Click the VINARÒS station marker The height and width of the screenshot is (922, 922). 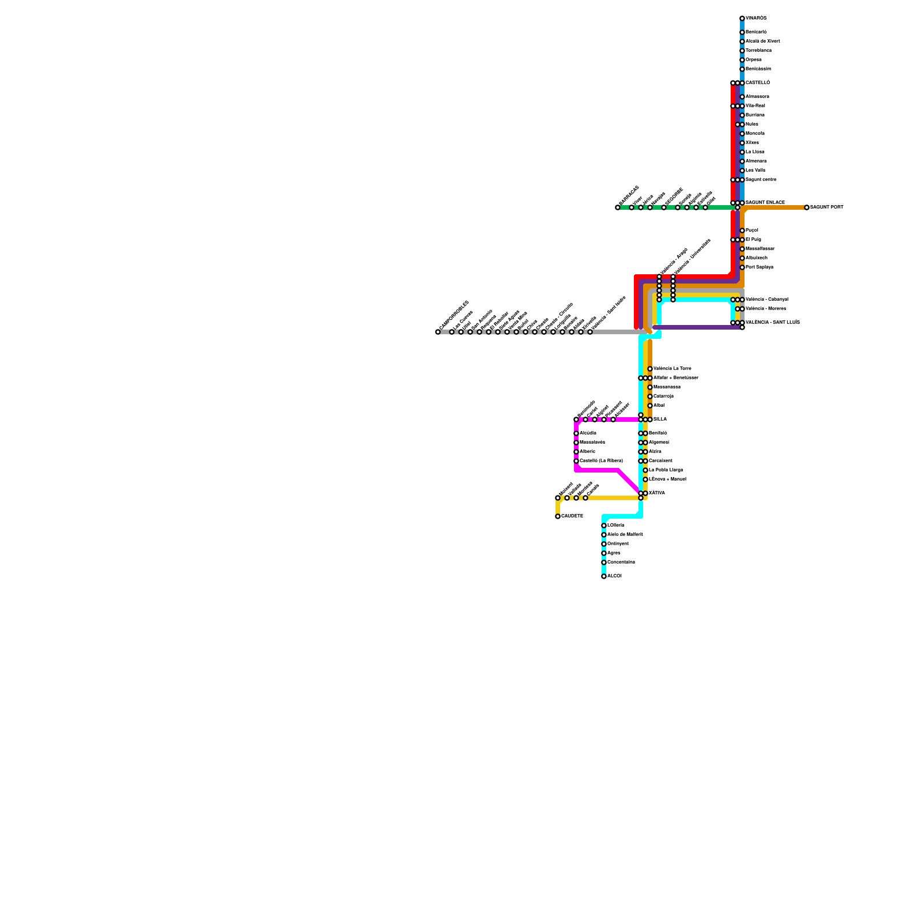(x=742, y=18)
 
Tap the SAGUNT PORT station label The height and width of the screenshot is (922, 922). (x=826, y=207)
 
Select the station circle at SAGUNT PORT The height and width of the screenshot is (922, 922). (x=807, y=207)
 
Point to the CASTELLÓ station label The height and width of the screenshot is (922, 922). (x=757, y=83)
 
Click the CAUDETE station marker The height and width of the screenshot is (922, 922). (x=558, y=516)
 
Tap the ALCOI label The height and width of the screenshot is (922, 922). (x=614, y=576)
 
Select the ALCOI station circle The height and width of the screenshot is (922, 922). (x=604, y=576)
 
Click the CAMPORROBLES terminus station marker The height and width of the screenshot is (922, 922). (x=438, y=332)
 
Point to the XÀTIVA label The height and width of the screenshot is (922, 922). (x=656, y=493)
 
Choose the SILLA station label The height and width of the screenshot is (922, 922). (x=660, y=420)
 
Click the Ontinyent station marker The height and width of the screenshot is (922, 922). (x=604, y=544)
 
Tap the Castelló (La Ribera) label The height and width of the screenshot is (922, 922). (x=601, y=461)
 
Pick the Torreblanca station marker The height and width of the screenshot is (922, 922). (x=742, y=51)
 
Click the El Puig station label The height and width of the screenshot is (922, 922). (x=753, y=240)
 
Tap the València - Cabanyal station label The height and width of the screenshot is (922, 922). (x=766, y=300)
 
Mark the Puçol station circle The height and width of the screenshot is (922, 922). (x=742, y=231)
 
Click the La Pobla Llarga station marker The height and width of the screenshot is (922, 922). (x=645, y=470)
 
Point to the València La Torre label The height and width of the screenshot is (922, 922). (x=672, y=369)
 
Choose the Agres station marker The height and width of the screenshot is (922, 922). (x=604, y=553)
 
